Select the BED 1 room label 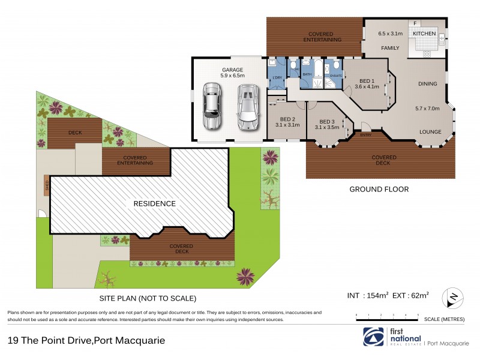click(367, 80)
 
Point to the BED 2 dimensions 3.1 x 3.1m click(287, 125)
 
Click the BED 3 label click(327, 121)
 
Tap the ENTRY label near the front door click(365, 135)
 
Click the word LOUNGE click(430, 132)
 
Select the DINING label click(428, 84)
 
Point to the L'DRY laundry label click(277, 78)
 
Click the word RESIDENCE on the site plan click(155, 203)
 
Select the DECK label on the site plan click(75, 132)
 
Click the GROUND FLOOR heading click(379, 189)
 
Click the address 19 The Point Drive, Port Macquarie click(86, 340)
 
